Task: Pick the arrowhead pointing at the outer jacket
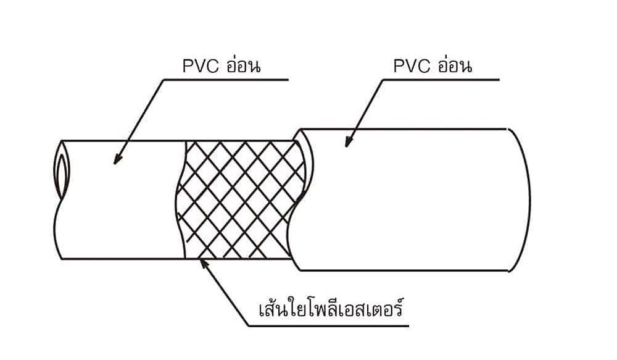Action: coord(347,143)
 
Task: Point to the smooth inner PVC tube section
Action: coord(123,204)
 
